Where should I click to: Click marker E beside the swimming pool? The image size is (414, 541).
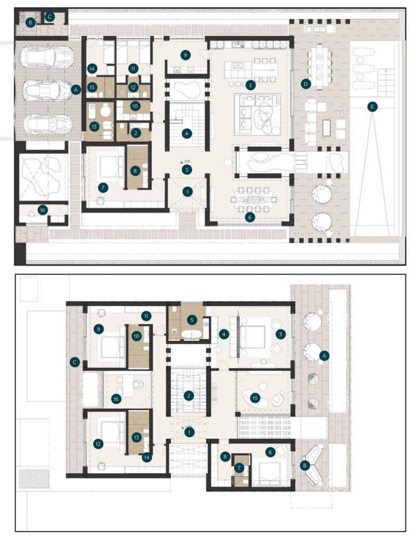(372, 107)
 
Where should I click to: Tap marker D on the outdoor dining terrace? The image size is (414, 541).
(306, 84)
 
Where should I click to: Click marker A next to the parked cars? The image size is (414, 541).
(75, 90)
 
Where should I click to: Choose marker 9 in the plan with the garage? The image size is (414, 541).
(186, 54)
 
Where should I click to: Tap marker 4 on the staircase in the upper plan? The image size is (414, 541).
(187, 133)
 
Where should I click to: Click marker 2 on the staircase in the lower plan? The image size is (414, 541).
(188, 395)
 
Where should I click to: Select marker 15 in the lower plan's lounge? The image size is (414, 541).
(256, 398)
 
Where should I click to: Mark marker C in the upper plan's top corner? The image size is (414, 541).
(50, 17)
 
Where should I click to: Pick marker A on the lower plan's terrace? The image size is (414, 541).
(324, 355)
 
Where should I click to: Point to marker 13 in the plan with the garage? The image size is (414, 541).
(95, 126)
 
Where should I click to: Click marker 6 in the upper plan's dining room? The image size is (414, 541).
(249, 217)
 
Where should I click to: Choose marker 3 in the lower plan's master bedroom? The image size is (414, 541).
(280, 334)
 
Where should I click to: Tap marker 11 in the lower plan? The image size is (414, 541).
(146, 316)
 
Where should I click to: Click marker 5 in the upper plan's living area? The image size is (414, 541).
(250, 85)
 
